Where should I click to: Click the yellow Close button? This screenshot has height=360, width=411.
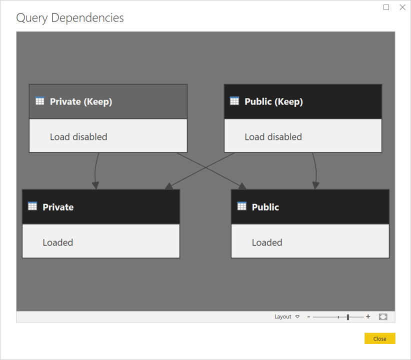[x=379, y=338]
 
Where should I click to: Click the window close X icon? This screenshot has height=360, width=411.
[x=402, y=7]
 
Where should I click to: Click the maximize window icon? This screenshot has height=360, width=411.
[x=386, y=7]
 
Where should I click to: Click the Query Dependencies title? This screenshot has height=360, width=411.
[x=70, y=18]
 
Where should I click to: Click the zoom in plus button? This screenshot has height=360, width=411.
[x=368, y=316]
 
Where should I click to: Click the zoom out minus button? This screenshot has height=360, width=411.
[x=308, y=316]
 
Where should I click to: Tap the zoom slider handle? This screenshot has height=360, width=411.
[x=348, y=316]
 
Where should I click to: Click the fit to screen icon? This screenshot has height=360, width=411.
[x=383, y=316]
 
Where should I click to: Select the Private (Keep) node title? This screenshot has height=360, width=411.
[x=81, y=101]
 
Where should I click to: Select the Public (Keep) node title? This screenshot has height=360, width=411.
[x=273, y=101]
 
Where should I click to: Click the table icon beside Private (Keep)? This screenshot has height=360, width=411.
[x=40, y=101]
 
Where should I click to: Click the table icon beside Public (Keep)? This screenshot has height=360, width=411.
[x=234, y=101]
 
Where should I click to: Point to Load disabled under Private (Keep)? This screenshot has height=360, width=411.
[x=78, y=136]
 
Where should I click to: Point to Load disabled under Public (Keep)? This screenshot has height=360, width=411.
[x=273, y=136]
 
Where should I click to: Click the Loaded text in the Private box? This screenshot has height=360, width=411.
[x=58, y=242]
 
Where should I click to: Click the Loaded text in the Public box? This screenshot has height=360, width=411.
[x=267, y=242]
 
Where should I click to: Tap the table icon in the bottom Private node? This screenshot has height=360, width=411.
[x=32, y=206]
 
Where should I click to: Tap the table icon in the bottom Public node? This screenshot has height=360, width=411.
[x=242, y=206]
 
